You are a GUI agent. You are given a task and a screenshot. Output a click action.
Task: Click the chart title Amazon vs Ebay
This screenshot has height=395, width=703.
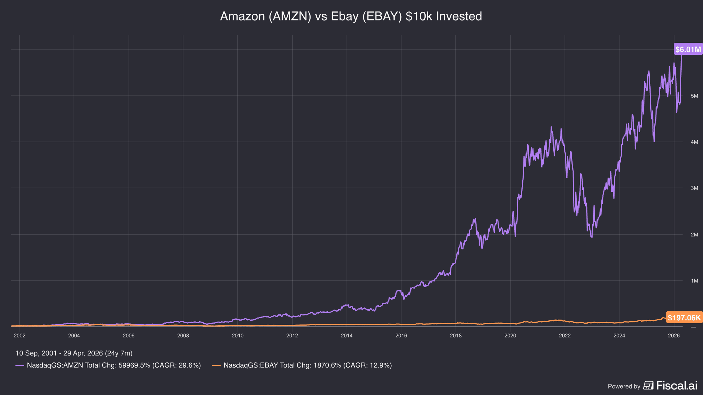351,16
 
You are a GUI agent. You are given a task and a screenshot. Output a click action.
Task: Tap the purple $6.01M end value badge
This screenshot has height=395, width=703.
688,49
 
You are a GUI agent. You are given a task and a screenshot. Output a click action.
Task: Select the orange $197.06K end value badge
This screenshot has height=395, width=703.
684,317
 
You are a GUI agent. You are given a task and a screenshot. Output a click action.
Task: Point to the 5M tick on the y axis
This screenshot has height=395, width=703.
694,96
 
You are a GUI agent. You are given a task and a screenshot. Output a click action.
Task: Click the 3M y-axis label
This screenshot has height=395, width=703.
694,188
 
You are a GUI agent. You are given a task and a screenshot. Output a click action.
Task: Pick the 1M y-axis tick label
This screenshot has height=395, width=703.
694,281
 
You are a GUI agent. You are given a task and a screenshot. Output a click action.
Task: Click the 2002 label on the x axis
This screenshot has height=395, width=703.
20,336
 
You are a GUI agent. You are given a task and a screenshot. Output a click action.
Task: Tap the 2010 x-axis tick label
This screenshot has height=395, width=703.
238,336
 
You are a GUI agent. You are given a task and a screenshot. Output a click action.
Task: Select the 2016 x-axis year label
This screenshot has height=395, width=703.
401,336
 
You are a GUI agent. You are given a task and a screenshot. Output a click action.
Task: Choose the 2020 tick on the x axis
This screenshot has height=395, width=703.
510,336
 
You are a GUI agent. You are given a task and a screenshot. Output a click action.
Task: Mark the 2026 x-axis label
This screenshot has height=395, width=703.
674,336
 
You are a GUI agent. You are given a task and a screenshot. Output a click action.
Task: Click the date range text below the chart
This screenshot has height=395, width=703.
74,353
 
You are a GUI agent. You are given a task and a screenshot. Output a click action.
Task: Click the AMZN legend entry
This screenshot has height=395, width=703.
108,365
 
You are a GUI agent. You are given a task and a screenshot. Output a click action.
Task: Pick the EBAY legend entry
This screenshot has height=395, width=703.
302,365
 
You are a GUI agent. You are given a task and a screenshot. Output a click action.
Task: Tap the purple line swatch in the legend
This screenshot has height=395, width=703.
20,365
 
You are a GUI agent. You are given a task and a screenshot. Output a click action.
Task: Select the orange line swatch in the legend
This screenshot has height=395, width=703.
216,365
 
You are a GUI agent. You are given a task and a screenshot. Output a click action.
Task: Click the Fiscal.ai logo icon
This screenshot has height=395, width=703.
648,386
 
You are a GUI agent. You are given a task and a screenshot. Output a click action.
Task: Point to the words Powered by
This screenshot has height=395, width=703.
624,387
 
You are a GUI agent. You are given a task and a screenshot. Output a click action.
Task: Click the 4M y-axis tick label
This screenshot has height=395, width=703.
694,142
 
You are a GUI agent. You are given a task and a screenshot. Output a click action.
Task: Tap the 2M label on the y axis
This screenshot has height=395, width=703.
694,235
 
